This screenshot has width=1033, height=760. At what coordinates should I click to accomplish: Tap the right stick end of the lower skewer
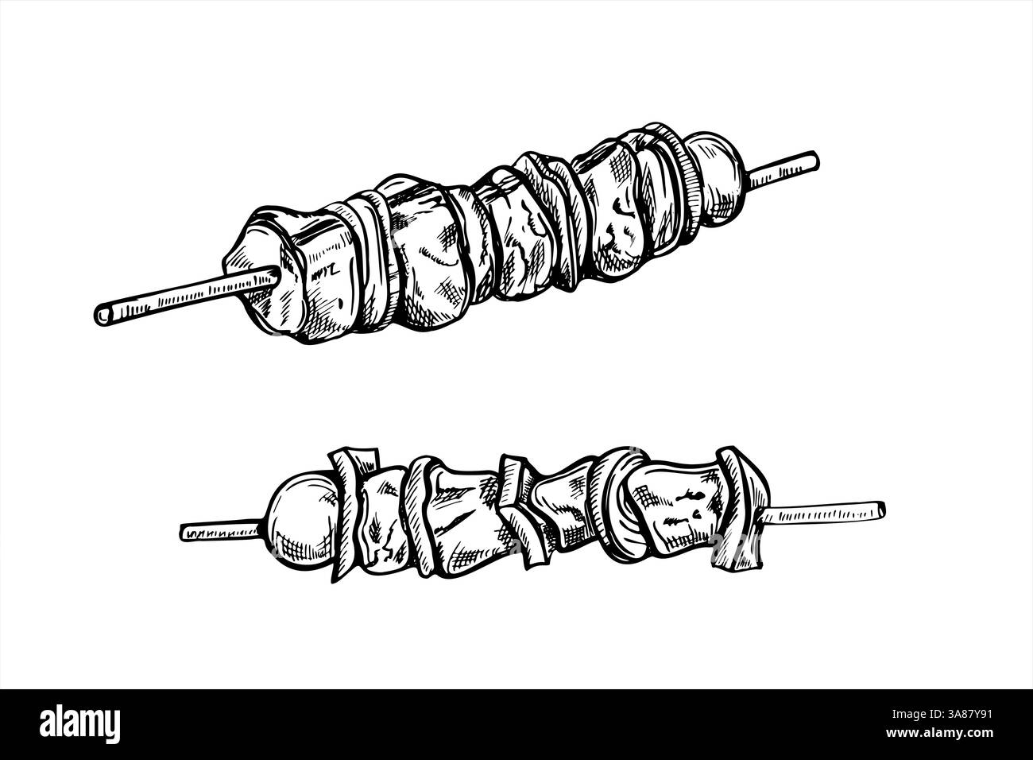878,507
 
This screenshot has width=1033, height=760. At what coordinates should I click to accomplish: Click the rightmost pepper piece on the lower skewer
735,509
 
